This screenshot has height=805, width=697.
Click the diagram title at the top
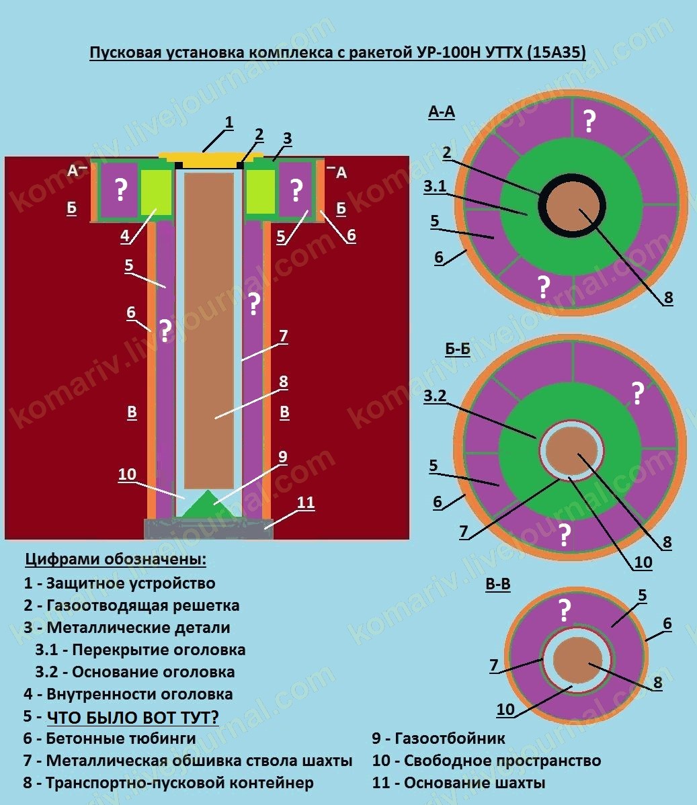pyautogui.click(x=337, y=52)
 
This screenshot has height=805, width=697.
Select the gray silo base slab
pyautogui.click(x=209, y=528)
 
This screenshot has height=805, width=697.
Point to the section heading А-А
pyautogui.click(x=442, y=112)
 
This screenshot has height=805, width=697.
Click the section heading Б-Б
pyautogui.click(x=458, y=349)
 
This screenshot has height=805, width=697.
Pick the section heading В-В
pyautogui.click(x=498, y=584)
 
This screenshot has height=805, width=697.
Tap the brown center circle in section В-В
pyautogui.click(x=577, y=662)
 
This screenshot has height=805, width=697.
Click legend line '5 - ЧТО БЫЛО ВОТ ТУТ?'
pyautogui.click(x=121, y=716)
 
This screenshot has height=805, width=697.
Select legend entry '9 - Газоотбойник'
pyautogui.click(x=438, y=738)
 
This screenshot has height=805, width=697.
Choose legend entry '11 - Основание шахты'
pyautogui.click(x=458, y=783)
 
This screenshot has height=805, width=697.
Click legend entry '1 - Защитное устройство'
pyautogui.click(x=120, y=583)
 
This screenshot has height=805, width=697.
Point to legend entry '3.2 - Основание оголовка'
pyautogui.click(x=135, y=672)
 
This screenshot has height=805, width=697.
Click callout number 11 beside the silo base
pyautogui.click(x=306, y=503)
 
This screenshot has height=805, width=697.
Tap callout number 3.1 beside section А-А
pyautogui.click(x=435, y=186)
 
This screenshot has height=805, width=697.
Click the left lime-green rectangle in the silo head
pyautogui.click(x=156, y=192)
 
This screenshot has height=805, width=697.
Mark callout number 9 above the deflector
pyautogui.click(x=282, y=457)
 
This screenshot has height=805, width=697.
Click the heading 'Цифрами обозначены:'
pyautogui.click(x=116, y=559)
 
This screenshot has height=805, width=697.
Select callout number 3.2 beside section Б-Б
pyautogui.click(x=435, y=396)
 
